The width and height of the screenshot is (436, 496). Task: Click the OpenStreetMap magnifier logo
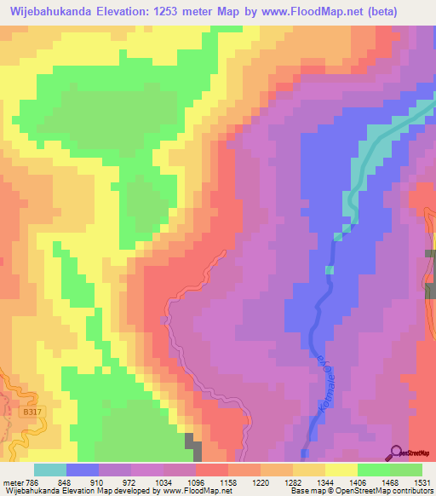coord(395,452)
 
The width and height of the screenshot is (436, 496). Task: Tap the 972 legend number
coord(130,482)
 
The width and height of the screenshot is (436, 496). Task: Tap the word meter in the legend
coord(9,482)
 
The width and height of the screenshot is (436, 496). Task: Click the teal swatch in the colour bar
coord(50,470)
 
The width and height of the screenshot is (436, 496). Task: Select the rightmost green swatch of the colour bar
coord(406,470)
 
